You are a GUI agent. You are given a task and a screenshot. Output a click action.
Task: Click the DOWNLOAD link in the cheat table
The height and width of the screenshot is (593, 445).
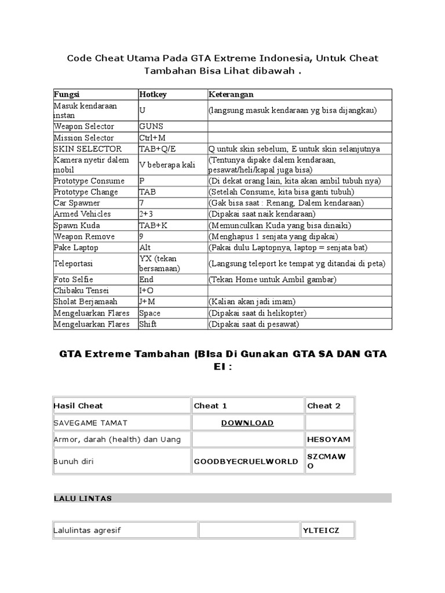click(247, 423)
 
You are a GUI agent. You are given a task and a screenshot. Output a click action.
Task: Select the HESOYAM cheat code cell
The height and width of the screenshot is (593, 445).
click(329, 440)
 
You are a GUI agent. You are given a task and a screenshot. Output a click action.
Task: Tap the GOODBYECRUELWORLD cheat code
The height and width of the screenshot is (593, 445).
click(246, 462)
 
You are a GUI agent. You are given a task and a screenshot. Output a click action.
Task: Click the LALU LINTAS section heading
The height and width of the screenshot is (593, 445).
click(83, 498)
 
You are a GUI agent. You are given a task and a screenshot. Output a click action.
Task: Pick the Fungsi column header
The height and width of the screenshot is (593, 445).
click(67, 94)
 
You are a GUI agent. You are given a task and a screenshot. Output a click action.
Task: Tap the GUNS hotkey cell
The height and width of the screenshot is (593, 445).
click(151, 126)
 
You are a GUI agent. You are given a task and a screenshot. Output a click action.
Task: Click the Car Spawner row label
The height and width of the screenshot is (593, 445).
click(76, 203)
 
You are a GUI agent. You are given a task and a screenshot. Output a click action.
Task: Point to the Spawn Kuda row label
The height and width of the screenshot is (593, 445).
click(76, 225)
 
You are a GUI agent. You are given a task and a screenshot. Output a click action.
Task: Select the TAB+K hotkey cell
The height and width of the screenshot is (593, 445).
click(154, 225)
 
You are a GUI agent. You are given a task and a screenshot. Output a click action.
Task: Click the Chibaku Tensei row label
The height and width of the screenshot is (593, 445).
click(81, 291)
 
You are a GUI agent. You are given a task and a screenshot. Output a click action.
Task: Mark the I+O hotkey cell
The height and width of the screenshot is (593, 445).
click(146, 291)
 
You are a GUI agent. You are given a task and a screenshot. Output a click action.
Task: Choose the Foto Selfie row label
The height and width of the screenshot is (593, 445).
click(73, 280)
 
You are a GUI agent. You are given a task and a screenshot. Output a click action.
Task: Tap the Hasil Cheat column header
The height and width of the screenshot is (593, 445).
click(78, 406)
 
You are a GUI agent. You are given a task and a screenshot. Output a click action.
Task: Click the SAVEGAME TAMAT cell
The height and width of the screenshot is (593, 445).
click(90, 423)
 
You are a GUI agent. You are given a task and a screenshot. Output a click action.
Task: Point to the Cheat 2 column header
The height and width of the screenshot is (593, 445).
click(324, 406)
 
